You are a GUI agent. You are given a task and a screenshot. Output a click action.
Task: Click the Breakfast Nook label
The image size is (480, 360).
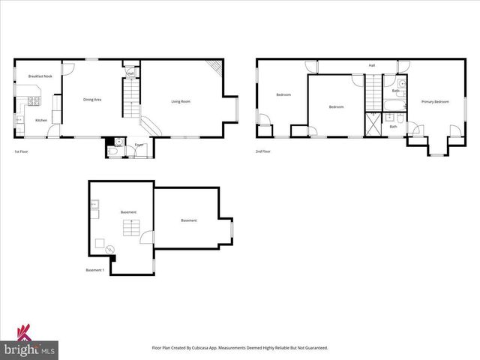coord(40,76)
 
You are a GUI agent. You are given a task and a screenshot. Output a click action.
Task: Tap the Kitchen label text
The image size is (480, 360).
coord(41,120)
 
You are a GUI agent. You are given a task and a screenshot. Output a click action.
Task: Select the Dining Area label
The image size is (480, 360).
coord(92,100)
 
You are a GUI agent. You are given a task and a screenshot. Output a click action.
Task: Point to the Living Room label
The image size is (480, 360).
coord(181,101)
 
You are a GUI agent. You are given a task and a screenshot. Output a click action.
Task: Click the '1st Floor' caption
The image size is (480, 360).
coord(21,152)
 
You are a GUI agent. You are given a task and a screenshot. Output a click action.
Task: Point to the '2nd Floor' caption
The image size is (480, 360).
coord(262,151)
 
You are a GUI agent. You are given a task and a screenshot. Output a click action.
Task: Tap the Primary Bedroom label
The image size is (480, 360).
coord(435,101)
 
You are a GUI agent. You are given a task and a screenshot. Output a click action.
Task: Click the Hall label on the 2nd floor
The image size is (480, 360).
coord(371,66)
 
